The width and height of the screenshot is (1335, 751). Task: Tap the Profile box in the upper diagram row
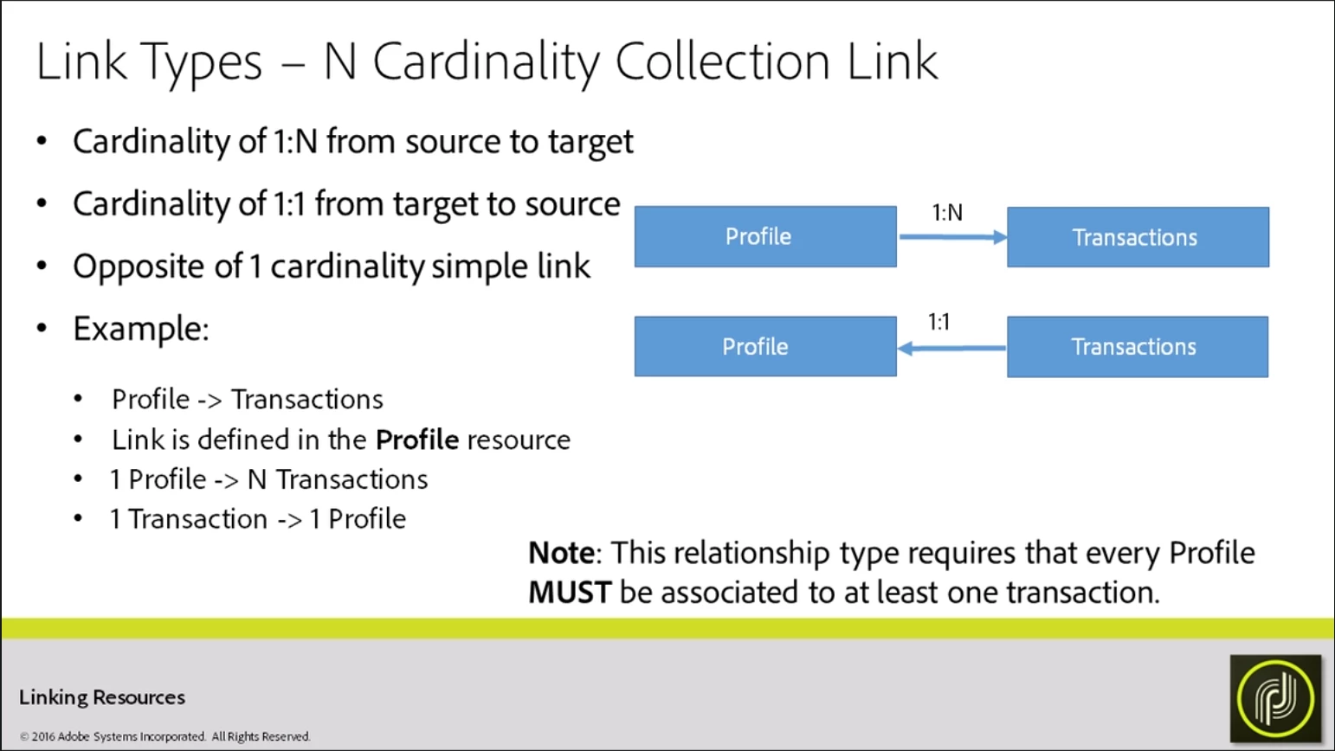pyautogui.click(x=765, y=236)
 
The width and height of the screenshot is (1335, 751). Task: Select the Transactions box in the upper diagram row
pyautogui.click(x=1138, y=237)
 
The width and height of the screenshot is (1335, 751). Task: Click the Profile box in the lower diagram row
pyautogui.click(x=765, y=346)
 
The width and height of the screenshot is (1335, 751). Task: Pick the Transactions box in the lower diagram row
pyautogui.click(x=1137, y=347)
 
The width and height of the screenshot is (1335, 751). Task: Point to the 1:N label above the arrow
pyautogui.click(x=947, y=213)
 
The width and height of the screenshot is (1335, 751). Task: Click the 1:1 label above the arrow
pyautogui.click(x=939, y=323)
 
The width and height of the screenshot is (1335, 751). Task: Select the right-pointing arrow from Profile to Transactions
pyautogui.click(x=952, y=237)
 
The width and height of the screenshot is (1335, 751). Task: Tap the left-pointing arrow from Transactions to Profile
pyautogui.click(x=951, y=348)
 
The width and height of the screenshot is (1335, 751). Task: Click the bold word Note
pyautogui.click(x=561, y=553)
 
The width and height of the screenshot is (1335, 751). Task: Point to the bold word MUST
pyautogui.click(x=570, y=593)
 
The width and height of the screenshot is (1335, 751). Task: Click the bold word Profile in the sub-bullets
pyautogui.click(x=417, y=440)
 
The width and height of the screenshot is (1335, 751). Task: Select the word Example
pyautogui.click(x=140, y=329)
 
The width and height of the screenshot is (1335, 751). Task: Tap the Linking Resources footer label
pyautogui.click(x=102, y=697)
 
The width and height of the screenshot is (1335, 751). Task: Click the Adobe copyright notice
pyautogui.click(x=164, y=737)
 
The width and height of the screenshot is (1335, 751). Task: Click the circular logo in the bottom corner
pyautogui.click(x=1275, y=698)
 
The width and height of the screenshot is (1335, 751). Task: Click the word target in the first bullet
pyautogui.click(x=590, y=142)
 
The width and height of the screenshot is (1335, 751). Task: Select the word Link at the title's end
pyautogui.click(x=892, y=62)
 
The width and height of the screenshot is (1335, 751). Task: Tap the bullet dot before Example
pyautogui.click(x=42, y=329)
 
